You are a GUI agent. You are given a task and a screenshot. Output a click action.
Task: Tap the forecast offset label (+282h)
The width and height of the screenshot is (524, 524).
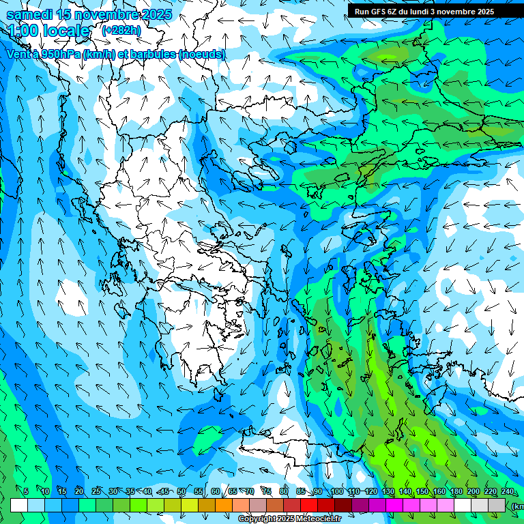point(121,30)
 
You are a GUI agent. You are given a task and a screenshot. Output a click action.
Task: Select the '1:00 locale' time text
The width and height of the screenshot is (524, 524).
point(48,31)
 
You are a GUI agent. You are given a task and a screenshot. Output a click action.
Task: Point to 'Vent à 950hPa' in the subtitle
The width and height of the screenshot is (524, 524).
point(43,55)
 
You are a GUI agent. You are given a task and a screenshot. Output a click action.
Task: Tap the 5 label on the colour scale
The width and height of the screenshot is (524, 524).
point(26,492)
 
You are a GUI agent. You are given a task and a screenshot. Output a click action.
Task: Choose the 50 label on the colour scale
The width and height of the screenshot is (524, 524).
point(181,492)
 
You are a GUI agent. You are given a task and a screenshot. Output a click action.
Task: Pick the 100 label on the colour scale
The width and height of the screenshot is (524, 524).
point(336,492)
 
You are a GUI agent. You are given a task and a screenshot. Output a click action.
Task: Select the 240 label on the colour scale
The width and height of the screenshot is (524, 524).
point(507,492)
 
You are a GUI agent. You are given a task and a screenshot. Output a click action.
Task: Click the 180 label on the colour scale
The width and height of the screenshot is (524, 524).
point(456,492)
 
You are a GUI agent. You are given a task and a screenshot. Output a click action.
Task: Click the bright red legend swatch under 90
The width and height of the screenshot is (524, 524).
point(309,505)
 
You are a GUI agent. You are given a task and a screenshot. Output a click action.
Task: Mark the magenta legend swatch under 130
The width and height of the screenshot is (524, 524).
point(394,505)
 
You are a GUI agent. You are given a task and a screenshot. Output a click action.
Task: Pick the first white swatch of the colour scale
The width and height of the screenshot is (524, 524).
point(19,505)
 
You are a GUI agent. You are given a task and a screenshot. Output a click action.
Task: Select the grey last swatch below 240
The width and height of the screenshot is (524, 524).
point(497,505)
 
